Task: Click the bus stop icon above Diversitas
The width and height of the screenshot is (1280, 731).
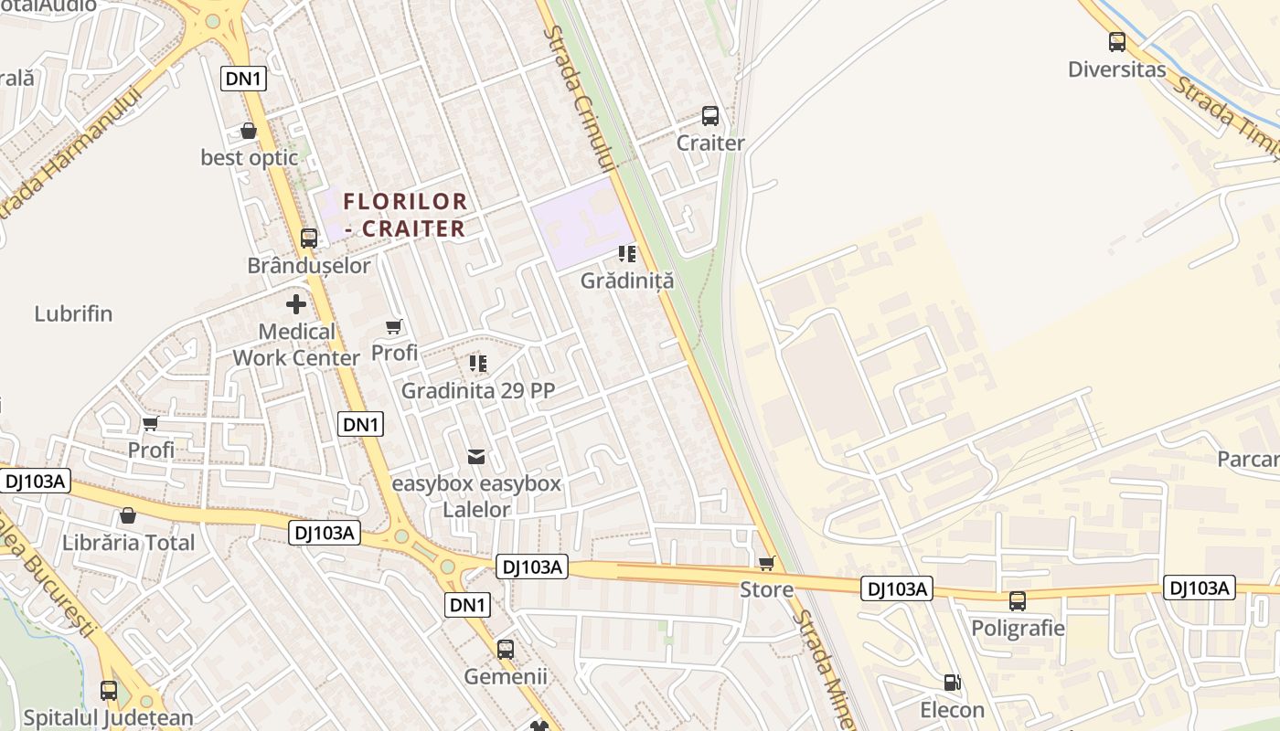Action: [1116, 41]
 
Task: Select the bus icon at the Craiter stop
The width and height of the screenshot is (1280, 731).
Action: [710, 116]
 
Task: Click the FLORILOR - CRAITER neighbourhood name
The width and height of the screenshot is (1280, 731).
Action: [405, 215]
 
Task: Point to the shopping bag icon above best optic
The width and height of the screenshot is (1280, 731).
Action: [249, 131]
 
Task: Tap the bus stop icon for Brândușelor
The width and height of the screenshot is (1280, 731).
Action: [309, 238]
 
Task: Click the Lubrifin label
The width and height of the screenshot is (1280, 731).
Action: [73, 313]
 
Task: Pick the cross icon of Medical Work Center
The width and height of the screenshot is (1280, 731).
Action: [295, 304]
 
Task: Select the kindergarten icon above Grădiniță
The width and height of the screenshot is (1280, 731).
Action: [627, 253]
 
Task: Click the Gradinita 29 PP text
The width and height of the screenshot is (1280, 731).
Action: [478, 391]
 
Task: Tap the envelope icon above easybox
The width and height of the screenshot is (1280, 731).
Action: [476, 456]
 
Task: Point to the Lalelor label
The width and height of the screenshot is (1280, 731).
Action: [476, 510]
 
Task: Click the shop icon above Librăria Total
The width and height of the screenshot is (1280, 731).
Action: [128, 515]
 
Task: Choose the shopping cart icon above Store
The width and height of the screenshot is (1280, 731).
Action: [767, 563]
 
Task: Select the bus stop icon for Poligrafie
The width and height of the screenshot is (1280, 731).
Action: [1018, 601]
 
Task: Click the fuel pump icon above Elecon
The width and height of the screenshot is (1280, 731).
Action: [952, 683]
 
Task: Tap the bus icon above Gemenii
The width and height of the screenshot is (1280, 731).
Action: [506, 650]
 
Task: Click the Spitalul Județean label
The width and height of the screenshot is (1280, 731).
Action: [109, 718]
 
